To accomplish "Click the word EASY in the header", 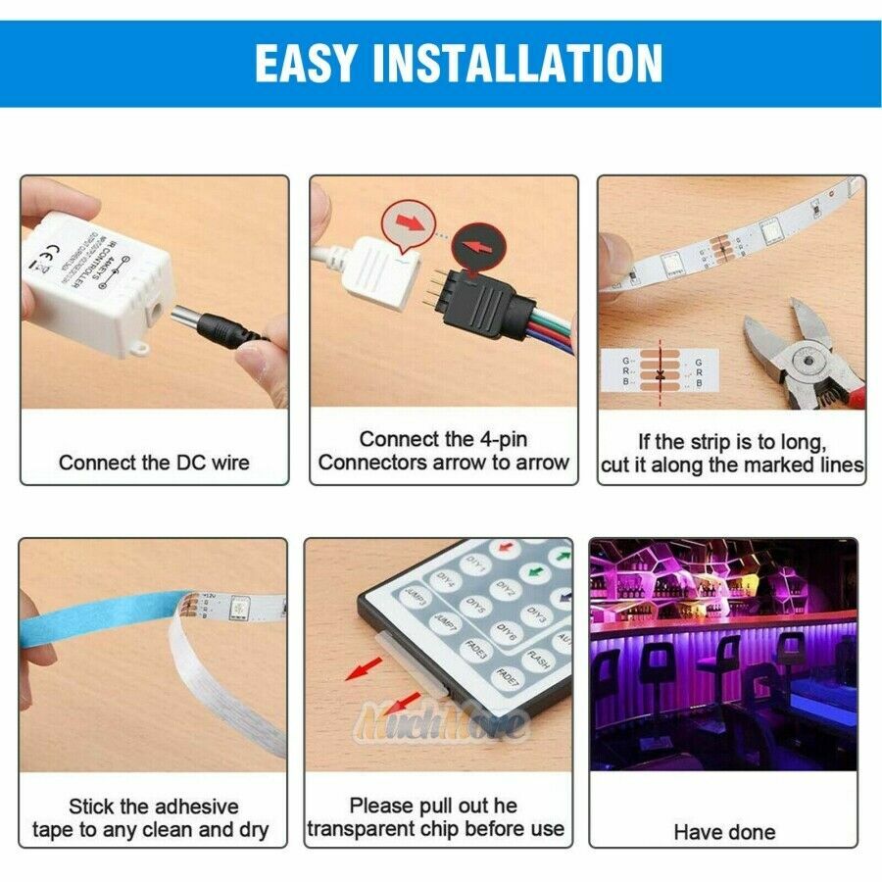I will pyautogui.click(x=306, y=63).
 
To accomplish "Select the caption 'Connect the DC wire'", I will pyautogui.click(x=154, y=463).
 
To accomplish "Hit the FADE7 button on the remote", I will pyautogui.click(x=509, y=677).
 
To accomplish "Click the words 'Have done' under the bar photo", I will pyautogui.click(x=724, y=832).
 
